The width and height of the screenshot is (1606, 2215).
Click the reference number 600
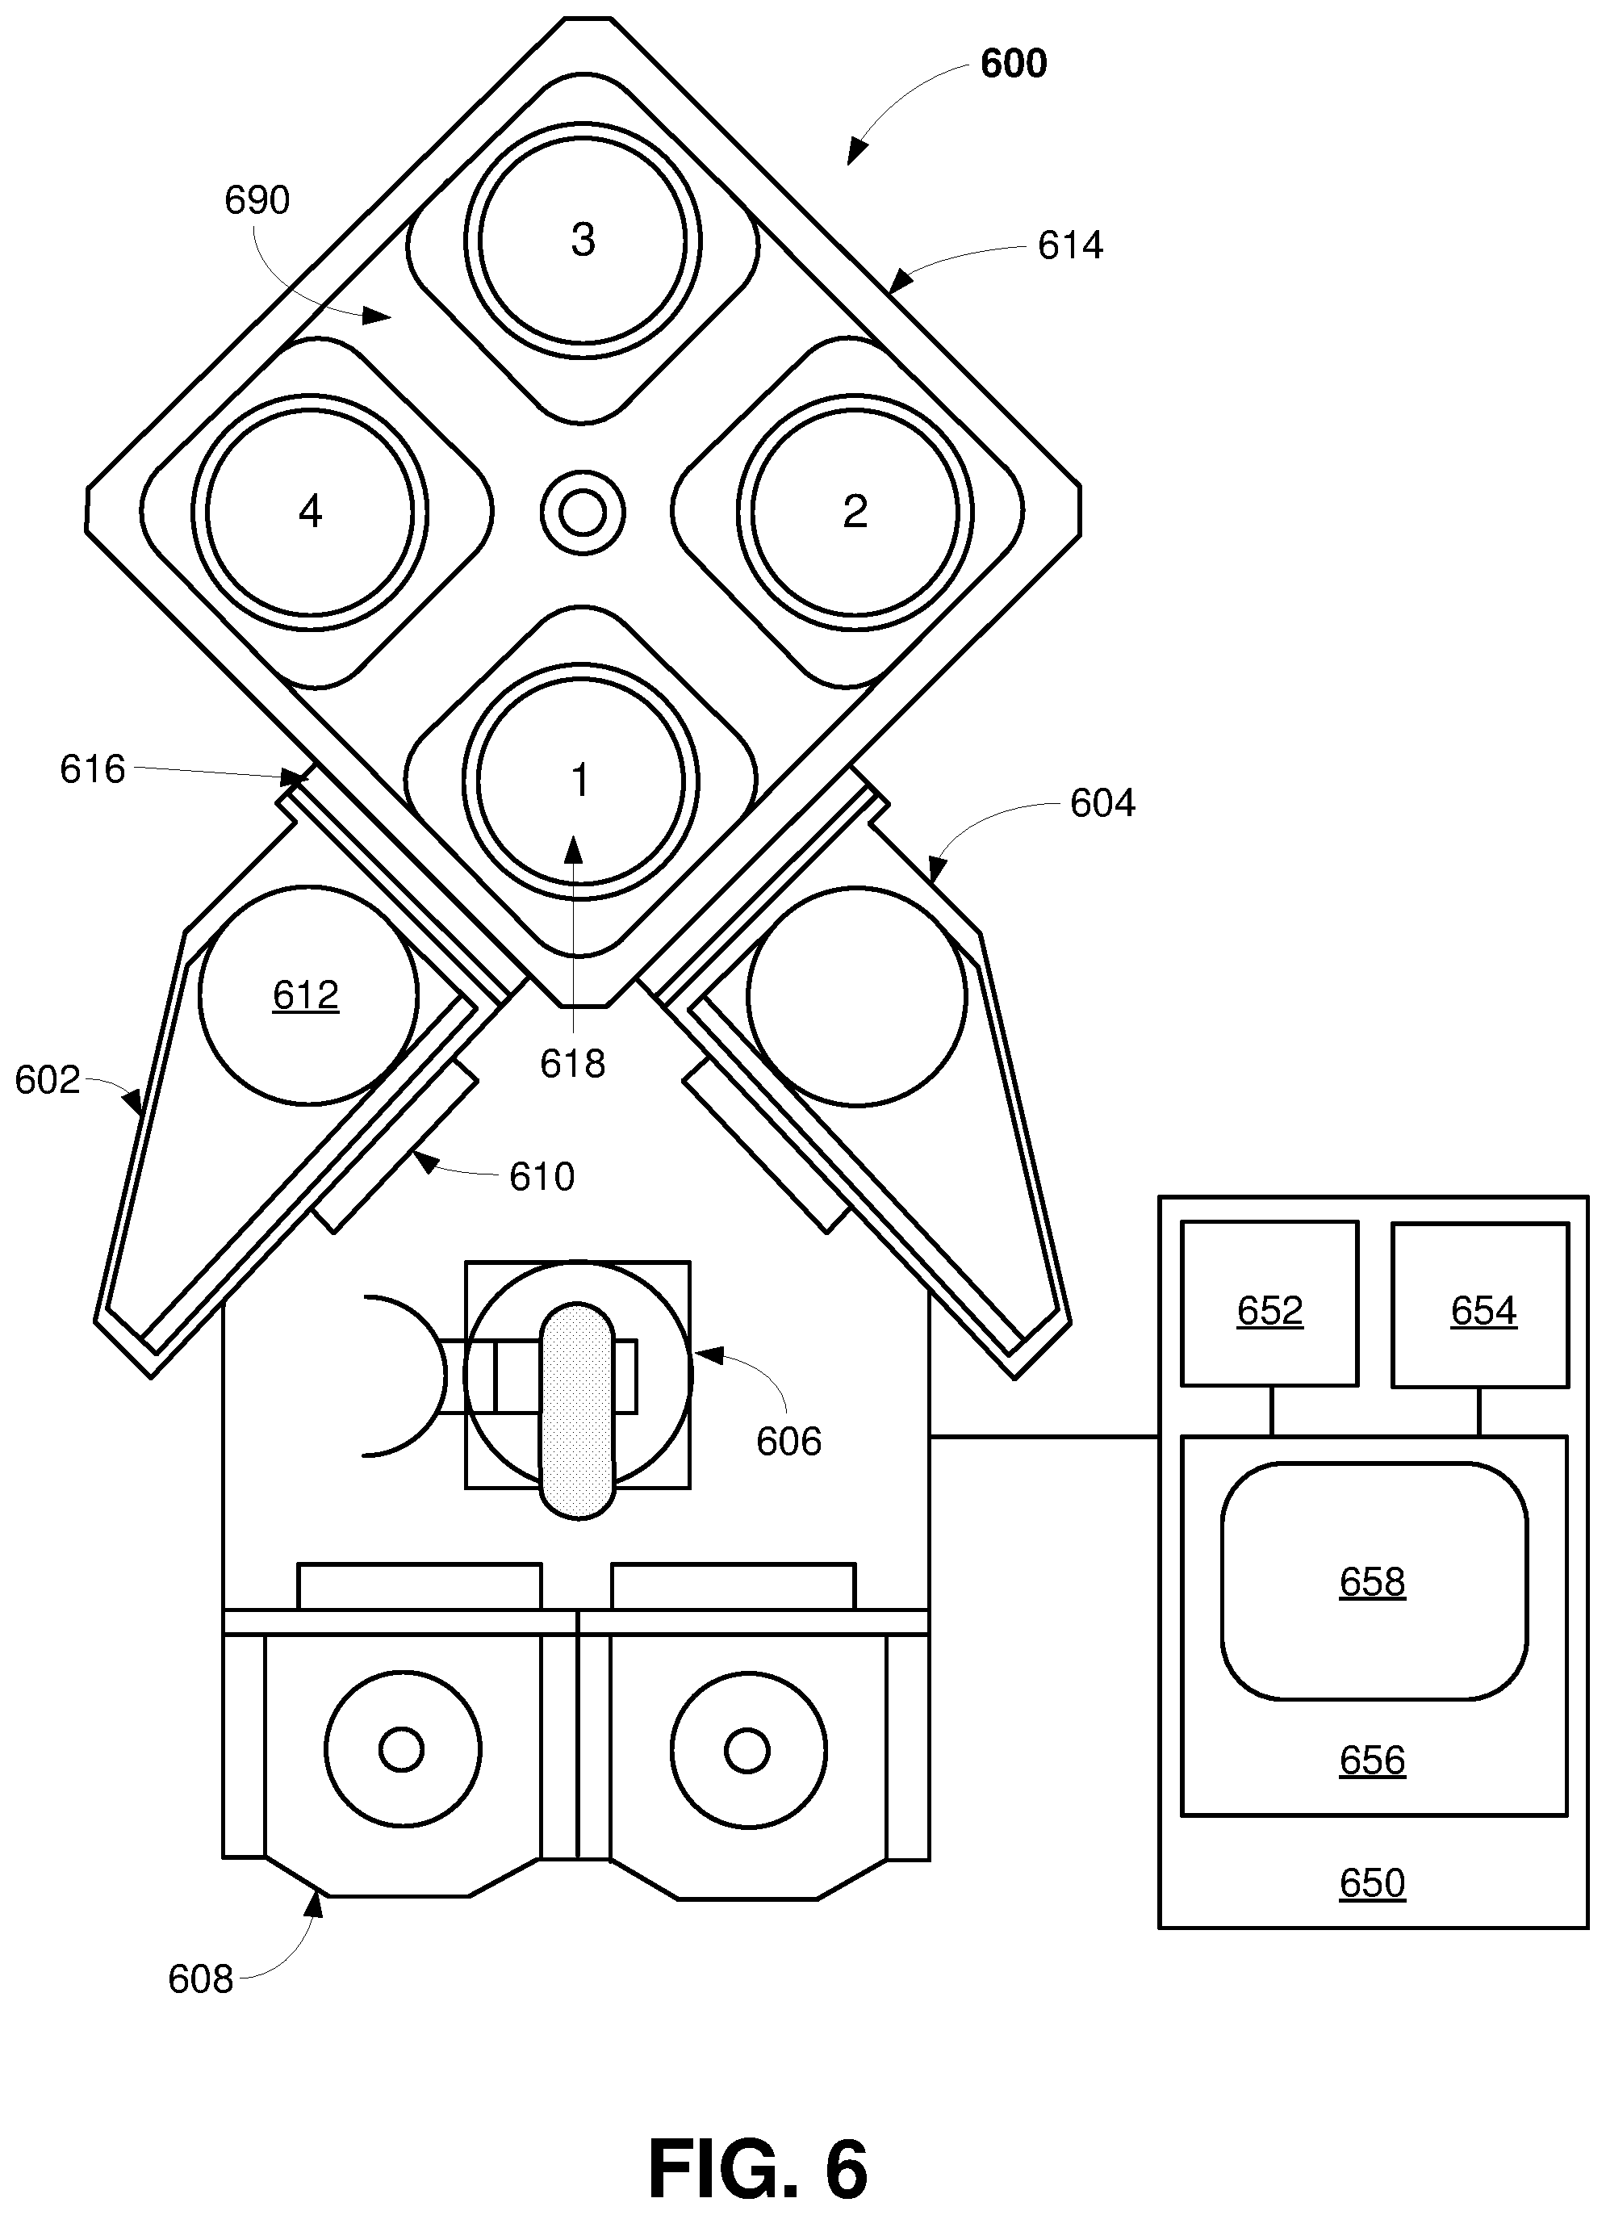1014,64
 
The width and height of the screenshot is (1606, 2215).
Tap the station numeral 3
583,239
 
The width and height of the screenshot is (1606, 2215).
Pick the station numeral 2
855,511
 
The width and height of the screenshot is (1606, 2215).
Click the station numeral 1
581,781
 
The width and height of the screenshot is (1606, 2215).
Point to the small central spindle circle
583,513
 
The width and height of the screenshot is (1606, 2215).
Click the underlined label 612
306,995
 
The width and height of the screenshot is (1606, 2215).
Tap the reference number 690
257,200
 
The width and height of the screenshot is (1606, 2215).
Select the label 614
1070,245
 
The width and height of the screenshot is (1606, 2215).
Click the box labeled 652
1269,1304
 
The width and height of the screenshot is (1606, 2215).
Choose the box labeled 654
1480,1304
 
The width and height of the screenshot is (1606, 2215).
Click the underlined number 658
1372,1581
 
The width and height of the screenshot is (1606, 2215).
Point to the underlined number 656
1372,1760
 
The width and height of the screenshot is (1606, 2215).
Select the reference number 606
788,1442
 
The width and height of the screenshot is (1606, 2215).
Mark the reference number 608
200,1979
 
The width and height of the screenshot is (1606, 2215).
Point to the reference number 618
573,1064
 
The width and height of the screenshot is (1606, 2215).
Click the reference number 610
542,1177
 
